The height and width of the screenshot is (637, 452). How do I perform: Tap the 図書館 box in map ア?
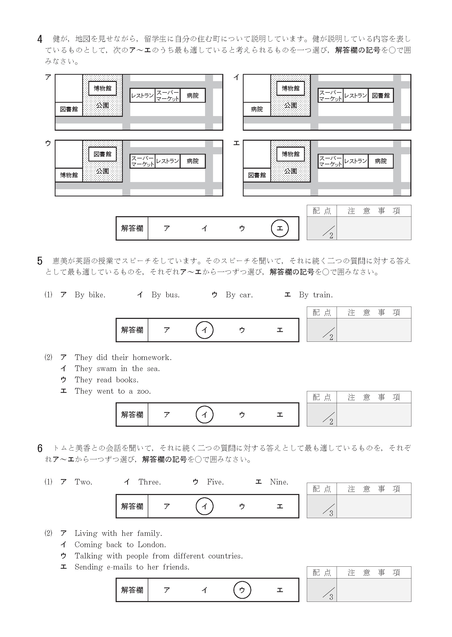tap(69, 109)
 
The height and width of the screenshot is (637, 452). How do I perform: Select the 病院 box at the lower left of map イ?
tap(257, 109)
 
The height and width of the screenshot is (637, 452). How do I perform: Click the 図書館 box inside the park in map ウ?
tap(103, 154)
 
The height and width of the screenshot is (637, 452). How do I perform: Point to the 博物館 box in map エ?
tap(290, 154)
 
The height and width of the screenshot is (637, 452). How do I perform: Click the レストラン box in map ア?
tap(142, 95)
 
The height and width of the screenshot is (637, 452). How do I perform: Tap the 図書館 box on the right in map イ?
tap(381, 95)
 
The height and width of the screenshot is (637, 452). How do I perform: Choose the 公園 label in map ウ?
tap(103, 171)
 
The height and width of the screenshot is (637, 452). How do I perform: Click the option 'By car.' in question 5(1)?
tap(239, 295)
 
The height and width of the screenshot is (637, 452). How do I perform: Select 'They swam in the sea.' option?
tap(117, 369)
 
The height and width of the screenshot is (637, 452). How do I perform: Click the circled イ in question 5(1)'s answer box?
tap(204, 330)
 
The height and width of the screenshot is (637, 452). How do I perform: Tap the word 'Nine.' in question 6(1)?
tap(279, 482)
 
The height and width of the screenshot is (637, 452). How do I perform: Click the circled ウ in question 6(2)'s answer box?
tap(242, 590)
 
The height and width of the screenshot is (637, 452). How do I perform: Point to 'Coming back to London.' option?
tap(120, 545)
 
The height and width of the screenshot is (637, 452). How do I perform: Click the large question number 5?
tap(40, 261)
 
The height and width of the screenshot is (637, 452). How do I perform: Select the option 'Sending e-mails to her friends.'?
tap(132, 567)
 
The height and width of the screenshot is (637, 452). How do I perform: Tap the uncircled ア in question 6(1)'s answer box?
tap(167, 506)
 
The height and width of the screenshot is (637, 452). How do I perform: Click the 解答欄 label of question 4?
tap(132, 228)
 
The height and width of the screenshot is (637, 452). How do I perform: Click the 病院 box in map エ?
tap(381, 161)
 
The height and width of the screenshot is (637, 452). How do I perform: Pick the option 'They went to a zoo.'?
tap(113, 391)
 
